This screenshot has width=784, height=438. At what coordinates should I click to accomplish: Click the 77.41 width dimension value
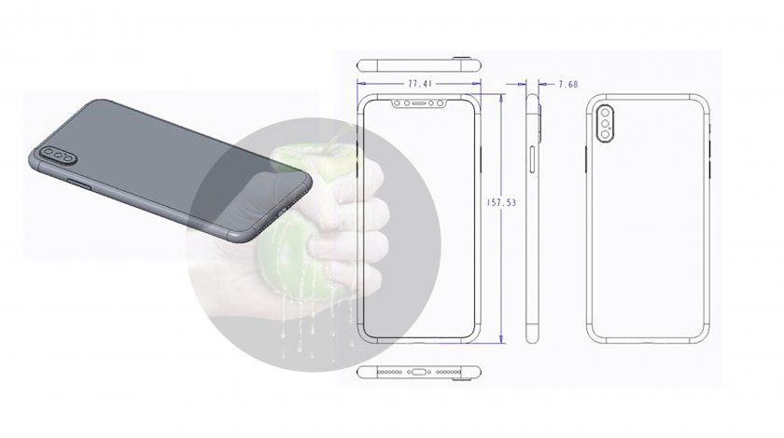click(420, 84)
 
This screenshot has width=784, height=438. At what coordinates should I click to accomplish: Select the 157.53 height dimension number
click(501, 203)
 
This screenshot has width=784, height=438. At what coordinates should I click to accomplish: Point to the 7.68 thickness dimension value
click(568, 85)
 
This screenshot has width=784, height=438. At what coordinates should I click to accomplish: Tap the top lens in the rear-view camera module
click(606, 113)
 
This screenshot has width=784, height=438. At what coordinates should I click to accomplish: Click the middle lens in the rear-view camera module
click(606, 124)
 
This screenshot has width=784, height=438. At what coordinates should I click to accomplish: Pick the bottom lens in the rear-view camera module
click(606, 134)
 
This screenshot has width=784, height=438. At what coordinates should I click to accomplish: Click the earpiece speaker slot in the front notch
click(419, 103)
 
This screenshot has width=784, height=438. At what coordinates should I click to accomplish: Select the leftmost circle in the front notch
click(398, 103)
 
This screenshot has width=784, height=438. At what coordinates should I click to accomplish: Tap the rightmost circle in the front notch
click(441, 103)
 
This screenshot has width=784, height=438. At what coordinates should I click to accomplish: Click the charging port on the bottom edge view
click(419, 372)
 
